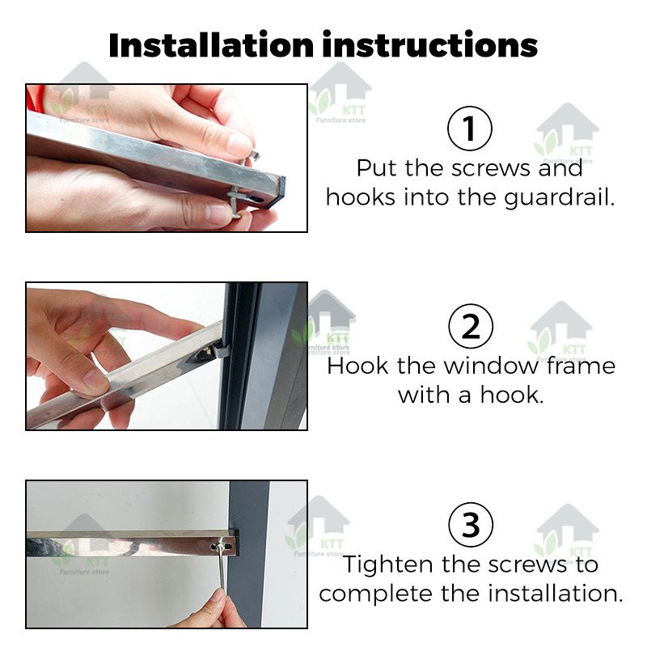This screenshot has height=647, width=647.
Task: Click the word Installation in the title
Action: click(x=211, y=45)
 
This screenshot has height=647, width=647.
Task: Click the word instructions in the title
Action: click(x=430, y=44)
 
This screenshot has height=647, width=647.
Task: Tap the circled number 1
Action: click(x=470, y=129)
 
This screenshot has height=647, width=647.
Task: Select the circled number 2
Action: click(x=471, y=326)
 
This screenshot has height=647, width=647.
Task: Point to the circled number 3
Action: click(x=471, y=524)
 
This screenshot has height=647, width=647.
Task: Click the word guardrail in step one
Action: click(x=559, y=198)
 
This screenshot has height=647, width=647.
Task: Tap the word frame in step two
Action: click(x=581, y=366)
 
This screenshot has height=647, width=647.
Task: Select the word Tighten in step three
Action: click(x=388, y=565)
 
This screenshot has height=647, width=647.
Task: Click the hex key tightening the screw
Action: click(x=222, y=569)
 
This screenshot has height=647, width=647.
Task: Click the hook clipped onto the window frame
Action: click(x=218, y=352)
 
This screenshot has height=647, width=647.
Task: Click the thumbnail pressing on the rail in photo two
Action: click(x=95, y=382)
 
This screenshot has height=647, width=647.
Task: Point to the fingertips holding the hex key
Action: click(x=214, y=603)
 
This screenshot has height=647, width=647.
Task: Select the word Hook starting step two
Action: click(x=357, y=366)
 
